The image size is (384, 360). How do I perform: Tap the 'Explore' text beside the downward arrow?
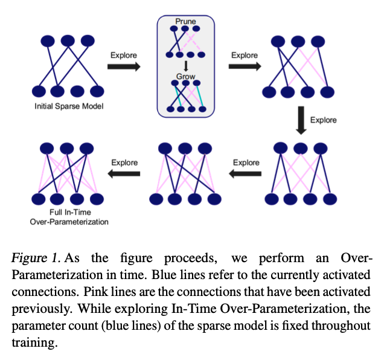(x=324, y=120)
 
